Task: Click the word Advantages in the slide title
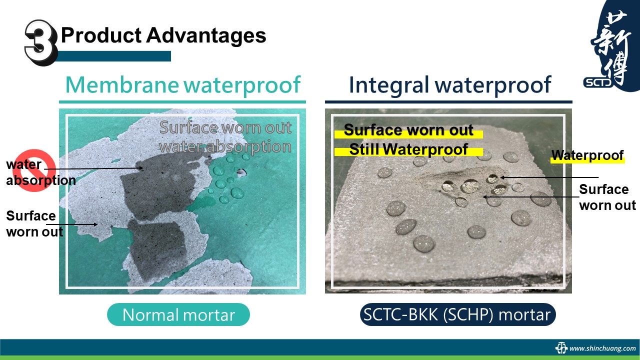coord(206,35)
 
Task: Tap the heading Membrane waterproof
coord(183,85)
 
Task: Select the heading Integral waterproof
coord(450,85)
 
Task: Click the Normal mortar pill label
coord(178,314)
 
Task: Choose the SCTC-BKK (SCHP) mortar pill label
coord(457,314)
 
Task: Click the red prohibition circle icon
coord(34,170)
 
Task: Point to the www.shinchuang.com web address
coord(602,348)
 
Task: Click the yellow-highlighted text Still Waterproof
coord(408,149)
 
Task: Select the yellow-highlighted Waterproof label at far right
coord(587,155)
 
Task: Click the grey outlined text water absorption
coord(225,146)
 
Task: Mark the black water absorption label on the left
coord(41,172)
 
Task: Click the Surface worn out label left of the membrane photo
coord(34,223)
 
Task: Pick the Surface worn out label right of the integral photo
coord(607,197)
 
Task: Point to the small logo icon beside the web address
coord(561,348)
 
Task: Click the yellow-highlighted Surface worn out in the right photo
coord(408,130)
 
